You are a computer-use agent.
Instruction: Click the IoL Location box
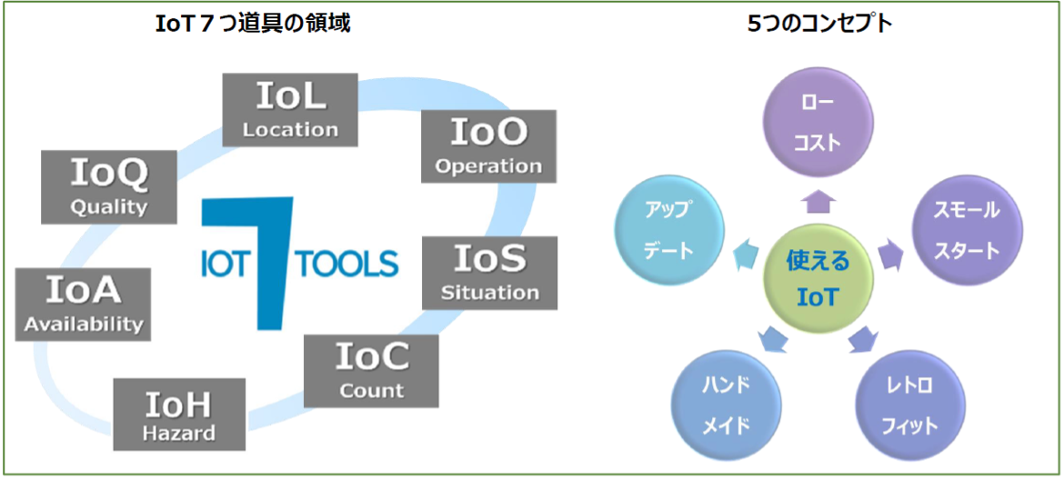coord(290,110)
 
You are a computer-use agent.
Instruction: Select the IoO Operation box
coord(488,146)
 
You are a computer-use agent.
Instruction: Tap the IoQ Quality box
coord(109,187)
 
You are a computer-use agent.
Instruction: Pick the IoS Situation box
coord(490,273)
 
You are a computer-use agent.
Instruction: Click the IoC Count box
coord(371,371)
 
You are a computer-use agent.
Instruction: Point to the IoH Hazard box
coord(179,415)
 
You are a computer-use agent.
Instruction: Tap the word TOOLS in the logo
coord(347,265)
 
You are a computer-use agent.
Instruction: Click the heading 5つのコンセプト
coord(819,25)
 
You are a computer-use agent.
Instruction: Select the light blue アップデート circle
coord(670,229)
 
